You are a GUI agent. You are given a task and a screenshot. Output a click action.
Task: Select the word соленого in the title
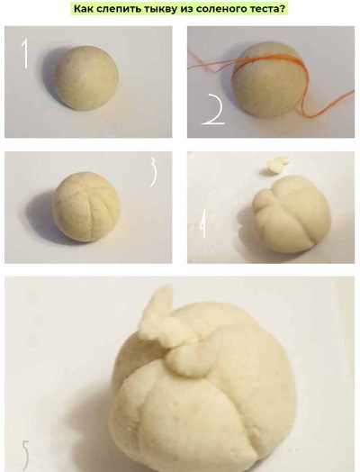tap(217, 8)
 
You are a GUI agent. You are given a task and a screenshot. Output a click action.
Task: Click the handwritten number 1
tap(25, 54)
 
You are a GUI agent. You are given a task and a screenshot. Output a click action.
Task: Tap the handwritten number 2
tap(214, 109)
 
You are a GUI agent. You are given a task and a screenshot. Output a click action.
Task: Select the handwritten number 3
tap(153, 172)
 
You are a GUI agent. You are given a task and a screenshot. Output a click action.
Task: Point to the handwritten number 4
tap(204, 223)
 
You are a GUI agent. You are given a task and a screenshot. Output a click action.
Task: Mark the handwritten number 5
tap(25, 455)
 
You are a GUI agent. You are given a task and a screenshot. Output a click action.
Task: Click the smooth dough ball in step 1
tap(87, 77)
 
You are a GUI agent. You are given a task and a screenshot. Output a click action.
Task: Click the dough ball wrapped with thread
tap(268, 80)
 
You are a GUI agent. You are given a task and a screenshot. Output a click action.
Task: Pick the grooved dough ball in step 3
tap(86, 206)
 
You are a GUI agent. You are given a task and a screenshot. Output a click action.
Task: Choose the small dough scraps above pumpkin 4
tap(275, 165)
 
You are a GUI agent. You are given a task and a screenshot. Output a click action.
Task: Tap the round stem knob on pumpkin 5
tap(188, 359)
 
